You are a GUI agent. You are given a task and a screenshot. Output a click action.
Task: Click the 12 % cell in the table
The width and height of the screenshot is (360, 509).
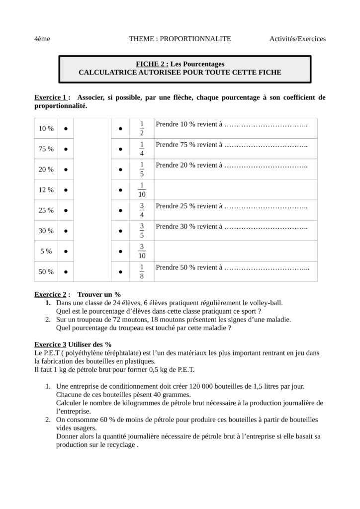(x=46, y=190)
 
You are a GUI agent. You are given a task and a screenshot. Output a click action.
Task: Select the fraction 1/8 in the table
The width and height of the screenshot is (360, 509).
(x=142, y=272)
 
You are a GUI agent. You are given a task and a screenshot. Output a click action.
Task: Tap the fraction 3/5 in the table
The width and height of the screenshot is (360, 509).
(x=142, y=231)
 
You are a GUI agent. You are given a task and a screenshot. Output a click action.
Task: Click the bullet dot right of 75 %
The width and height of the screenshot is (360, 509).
(x=66, y=149)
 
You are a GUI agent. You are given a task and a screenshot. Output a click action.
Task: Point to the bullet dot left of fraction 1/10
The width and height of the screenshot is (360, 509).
(x=121, y=190)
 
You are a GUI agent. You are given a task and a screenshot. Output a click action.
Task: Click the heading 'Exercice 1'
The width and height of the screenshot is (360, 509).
(x=50, y=97)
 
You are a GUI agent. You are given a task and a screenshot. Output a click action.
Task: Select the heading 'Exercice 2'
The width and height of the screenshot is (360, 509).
(x=50, y=294)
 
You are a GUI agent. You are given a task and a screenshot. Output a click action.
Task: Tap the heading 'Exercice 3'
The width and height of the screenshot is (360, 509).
(x=50, y=344)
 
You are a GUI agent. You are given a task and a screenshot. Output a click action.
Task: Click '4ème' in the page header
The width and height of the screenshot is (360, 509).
(x=42, y=39)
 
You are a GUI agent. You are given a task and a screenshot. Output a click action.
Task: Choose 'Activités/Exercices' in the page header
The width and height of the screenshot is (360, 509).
(x=297, y=39)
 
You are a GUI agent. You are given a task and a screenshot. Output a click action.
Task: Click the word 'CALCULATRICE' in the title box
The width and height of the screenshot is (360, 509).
(x=105, y=72)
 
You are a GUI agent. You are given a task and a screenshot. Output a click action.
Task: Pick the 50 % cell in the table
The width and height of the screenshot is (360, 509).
(x=46, y=272)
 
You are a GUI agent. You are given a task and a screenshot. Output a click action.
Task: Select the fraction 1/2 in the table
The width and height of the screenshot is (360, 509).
(x=142, y=128)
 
